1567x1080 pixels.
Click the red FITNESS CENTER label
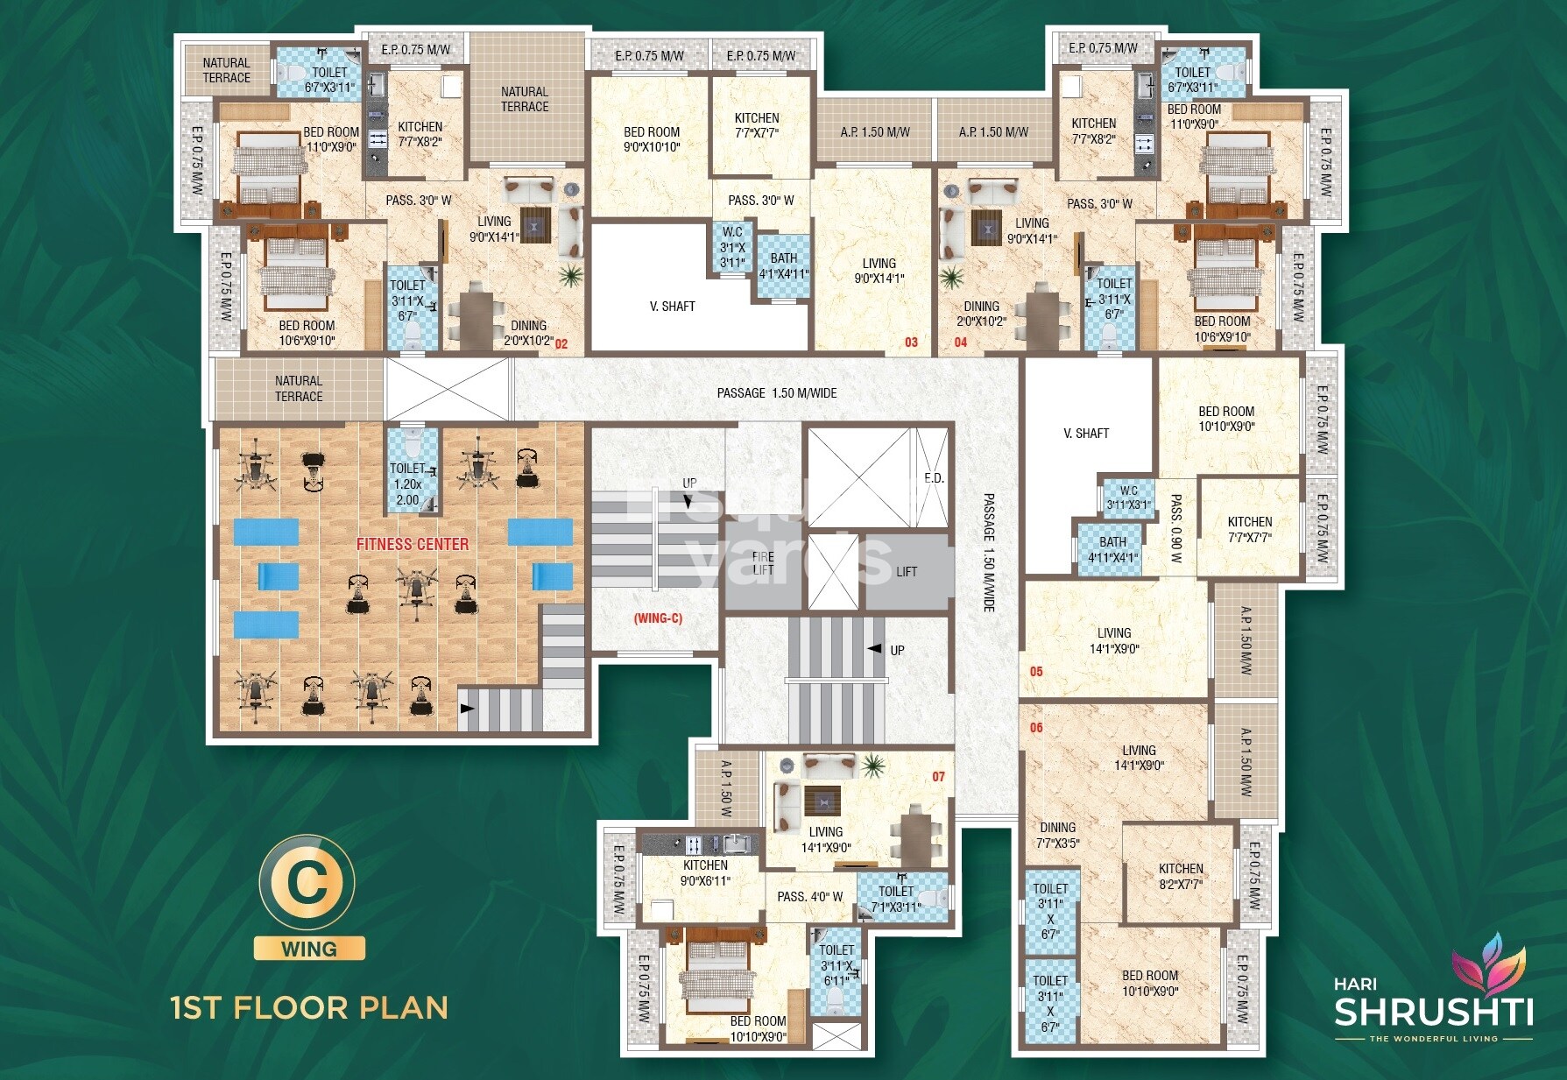coord(412,544)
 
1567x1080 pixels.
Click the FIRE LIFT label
coord(763,563)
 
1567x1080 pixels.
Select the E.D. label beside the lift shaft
coord(934,478)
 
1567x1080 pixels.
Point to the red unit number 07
coord(938,777)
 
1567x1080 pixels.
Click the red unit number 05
coord(1036,672)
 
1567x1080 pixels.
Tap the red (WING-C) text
coord(658,618)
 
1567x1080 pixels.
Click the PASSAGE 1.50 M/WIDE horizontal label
coord(776,393)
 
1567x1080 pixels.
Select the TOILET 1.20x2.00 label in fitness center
coord(407,484)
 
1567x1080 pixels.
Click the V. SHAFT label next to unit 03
coord(672,307)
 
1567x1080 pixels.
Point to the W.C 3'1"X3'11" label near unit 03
coord(732,247)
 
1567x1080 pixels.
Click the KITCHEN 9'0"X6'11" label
coord(705,872)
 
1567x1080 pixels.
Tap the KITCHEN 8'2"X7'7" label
coord(1181,876)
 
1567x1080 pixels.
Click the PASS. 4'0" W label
coord(809,897)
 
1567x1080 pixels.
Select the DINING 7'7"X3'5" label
coord(1057,835)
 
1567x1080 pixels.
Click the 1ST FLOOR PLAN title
coord(309,1008)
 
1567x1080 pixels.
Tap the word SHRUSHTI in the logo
coord(1433,1012)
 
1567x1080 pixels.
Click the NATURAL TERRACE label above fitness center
coord(299,388)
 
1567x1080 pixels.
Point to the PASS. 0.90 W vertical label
coord(1175,528)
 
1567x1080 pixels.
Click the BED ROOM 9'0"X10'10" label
coord(651,139)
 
